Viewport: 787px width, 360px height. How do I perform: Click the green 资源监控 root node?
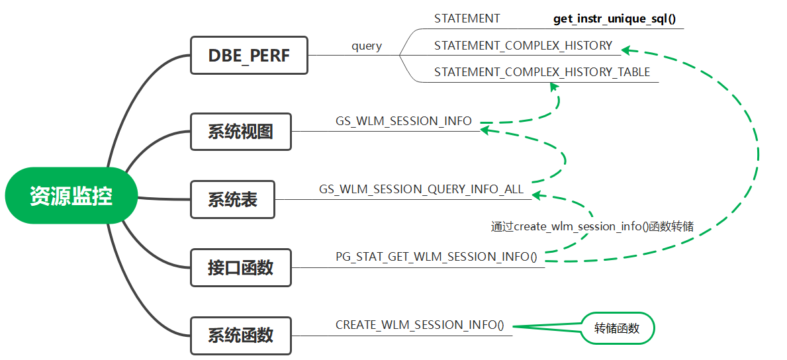[71, 197]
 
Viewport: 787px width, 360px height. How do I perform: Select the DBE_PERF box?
[249, 56]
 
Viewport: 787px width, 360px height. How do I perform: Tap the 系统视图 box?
[240, 131]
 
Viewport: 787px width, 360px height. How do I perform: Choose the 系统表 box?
[232, 199]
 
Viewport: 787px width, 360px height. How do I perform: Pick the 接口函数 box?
[240, 267]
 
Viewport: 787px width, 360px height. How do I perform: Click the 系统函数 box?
[240, 335]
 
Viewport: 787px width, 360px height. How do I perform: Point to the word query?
[367, 46]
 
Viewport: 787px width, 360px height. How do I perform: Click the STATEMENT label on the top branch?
[467, 19]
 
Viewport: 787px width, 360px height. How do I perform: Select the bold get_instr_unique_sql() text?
[614, 19]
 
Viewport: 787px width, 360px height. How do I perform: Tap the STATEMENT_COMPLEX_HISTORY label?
[523, 46]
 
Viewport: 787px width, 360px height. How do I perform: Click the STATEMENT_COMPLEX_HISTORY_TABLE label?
[542, 72]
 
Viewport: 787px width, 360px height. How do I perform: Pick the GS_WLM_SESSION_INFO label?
[404, 121]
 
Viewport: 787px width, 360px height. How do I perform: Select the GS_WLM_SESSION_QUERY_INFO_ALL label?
[421, 189]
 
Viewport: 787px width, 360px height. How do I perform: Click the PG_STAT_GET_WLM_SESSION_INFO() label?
[436, 257]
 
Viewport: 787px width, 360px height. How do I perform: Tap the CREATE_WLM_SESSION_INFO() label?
[420, 325]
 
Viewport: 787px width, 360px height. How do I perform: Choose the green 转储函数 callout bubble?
[617, 328]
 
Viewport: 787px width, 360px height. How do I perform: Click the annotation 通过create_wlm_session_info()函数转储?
[592, 226]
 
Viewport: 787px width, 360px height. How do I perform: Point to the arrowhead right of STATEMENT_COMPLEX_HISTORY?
[625, 49]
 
